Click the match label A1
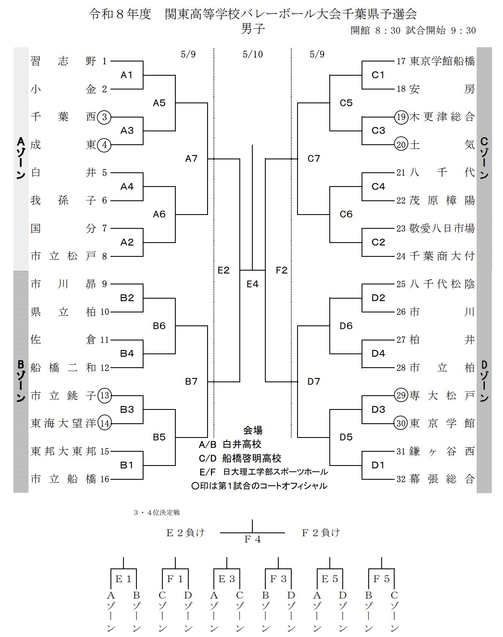126,75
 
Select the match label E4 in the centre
252,284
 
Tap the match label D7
313,381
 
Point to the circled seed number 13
105,396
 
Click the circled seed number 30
401,423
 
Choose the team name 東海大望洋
63,423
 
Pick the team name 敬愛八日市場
442,228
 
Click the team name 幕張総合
442,479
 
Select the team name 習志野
63,61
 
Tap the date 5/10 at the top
253,54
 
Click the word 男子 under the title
253,29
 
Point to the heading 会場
253,430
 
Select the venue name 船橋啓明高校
251,458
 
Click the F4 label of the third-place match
252,540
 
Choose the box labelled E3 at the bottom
226,579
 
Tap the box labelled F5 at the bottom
381,579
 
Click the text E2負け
185,533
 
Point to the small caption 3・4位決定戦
157,512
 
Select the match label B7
191,381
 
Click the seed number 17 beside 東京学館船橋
401,61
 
